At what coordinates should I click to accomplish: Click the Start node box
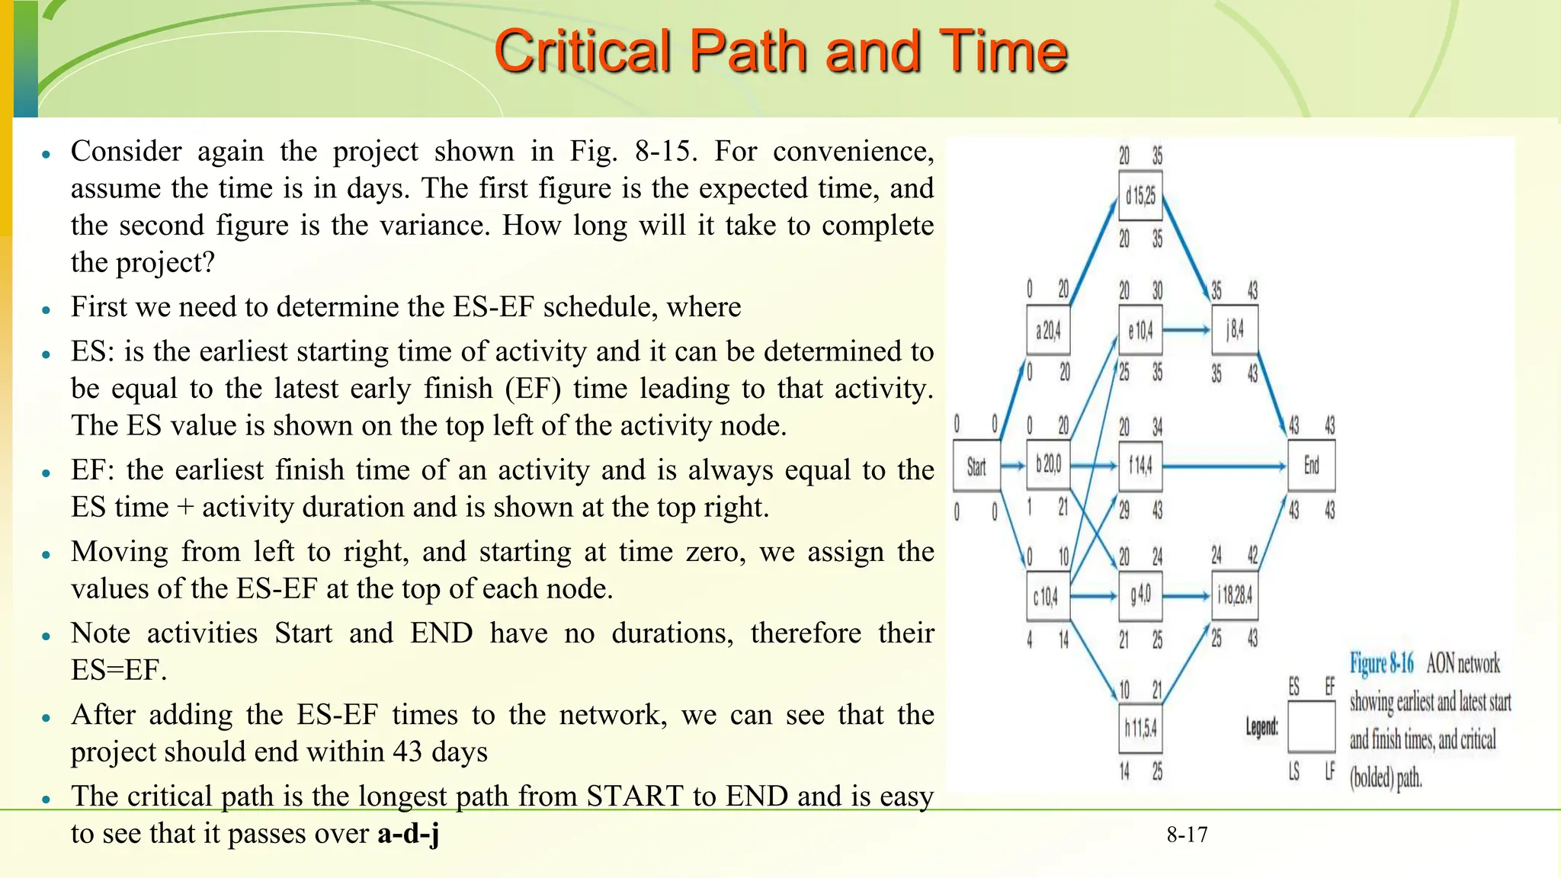pyautogui.click(x=976, y=466)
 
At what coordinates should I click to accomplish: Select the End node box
pyautogui.click(x=1311, y=466)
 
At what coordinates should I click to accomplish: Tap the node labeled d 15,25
pyautogui.click(x=1140, y=197)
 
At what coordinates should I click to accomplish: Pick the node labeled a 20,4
pyautogui.click(x=1048, y=331)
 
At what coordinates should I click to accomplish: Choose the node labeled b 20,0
pyautogui.click(x=1048, y=464)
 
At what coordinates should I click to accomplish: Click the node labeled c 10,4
pyautogui.click(x=1047, y=597)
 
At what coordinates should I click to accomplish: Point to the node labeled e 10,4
pyautogui.click(x=1140, y=331)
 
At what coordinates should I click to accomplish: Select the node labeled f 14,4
pyautogui.click(x=1140, y=465)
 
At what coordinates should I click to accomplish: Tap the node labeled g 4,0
pyautogui.click(x=1140, y=595)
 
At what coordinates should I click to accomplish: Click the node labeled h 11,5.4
pyautogui.click(x=1140, y=729)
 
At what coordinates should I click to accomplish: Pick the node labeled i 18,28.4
pyautogui.click(x=1235, y=595)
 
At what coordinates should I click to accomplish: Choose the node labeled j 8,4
pyautogui.click(x=1235, y=330)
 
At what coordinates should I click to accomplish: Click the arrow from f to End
pyautogui.click(x=1224, y=466)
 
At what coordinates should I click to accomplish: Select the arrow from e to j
pyautogui.click(x=1187, y=330)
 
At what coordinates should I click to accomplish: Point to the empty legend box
pyautogui.click(x=1311, y=727)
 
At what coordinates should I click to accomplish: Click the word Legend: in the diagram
pyautogui.click(x=1262, y=727)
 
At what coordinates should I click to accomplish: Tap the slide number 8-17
pyautogui.click(x=1187, y=835)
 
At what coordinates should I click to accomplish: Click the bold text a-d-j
pyautogui.click(x=409, y=833)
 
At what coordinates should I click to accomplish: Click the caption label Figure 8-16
pyautogui.click(x=1381, y=664)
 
